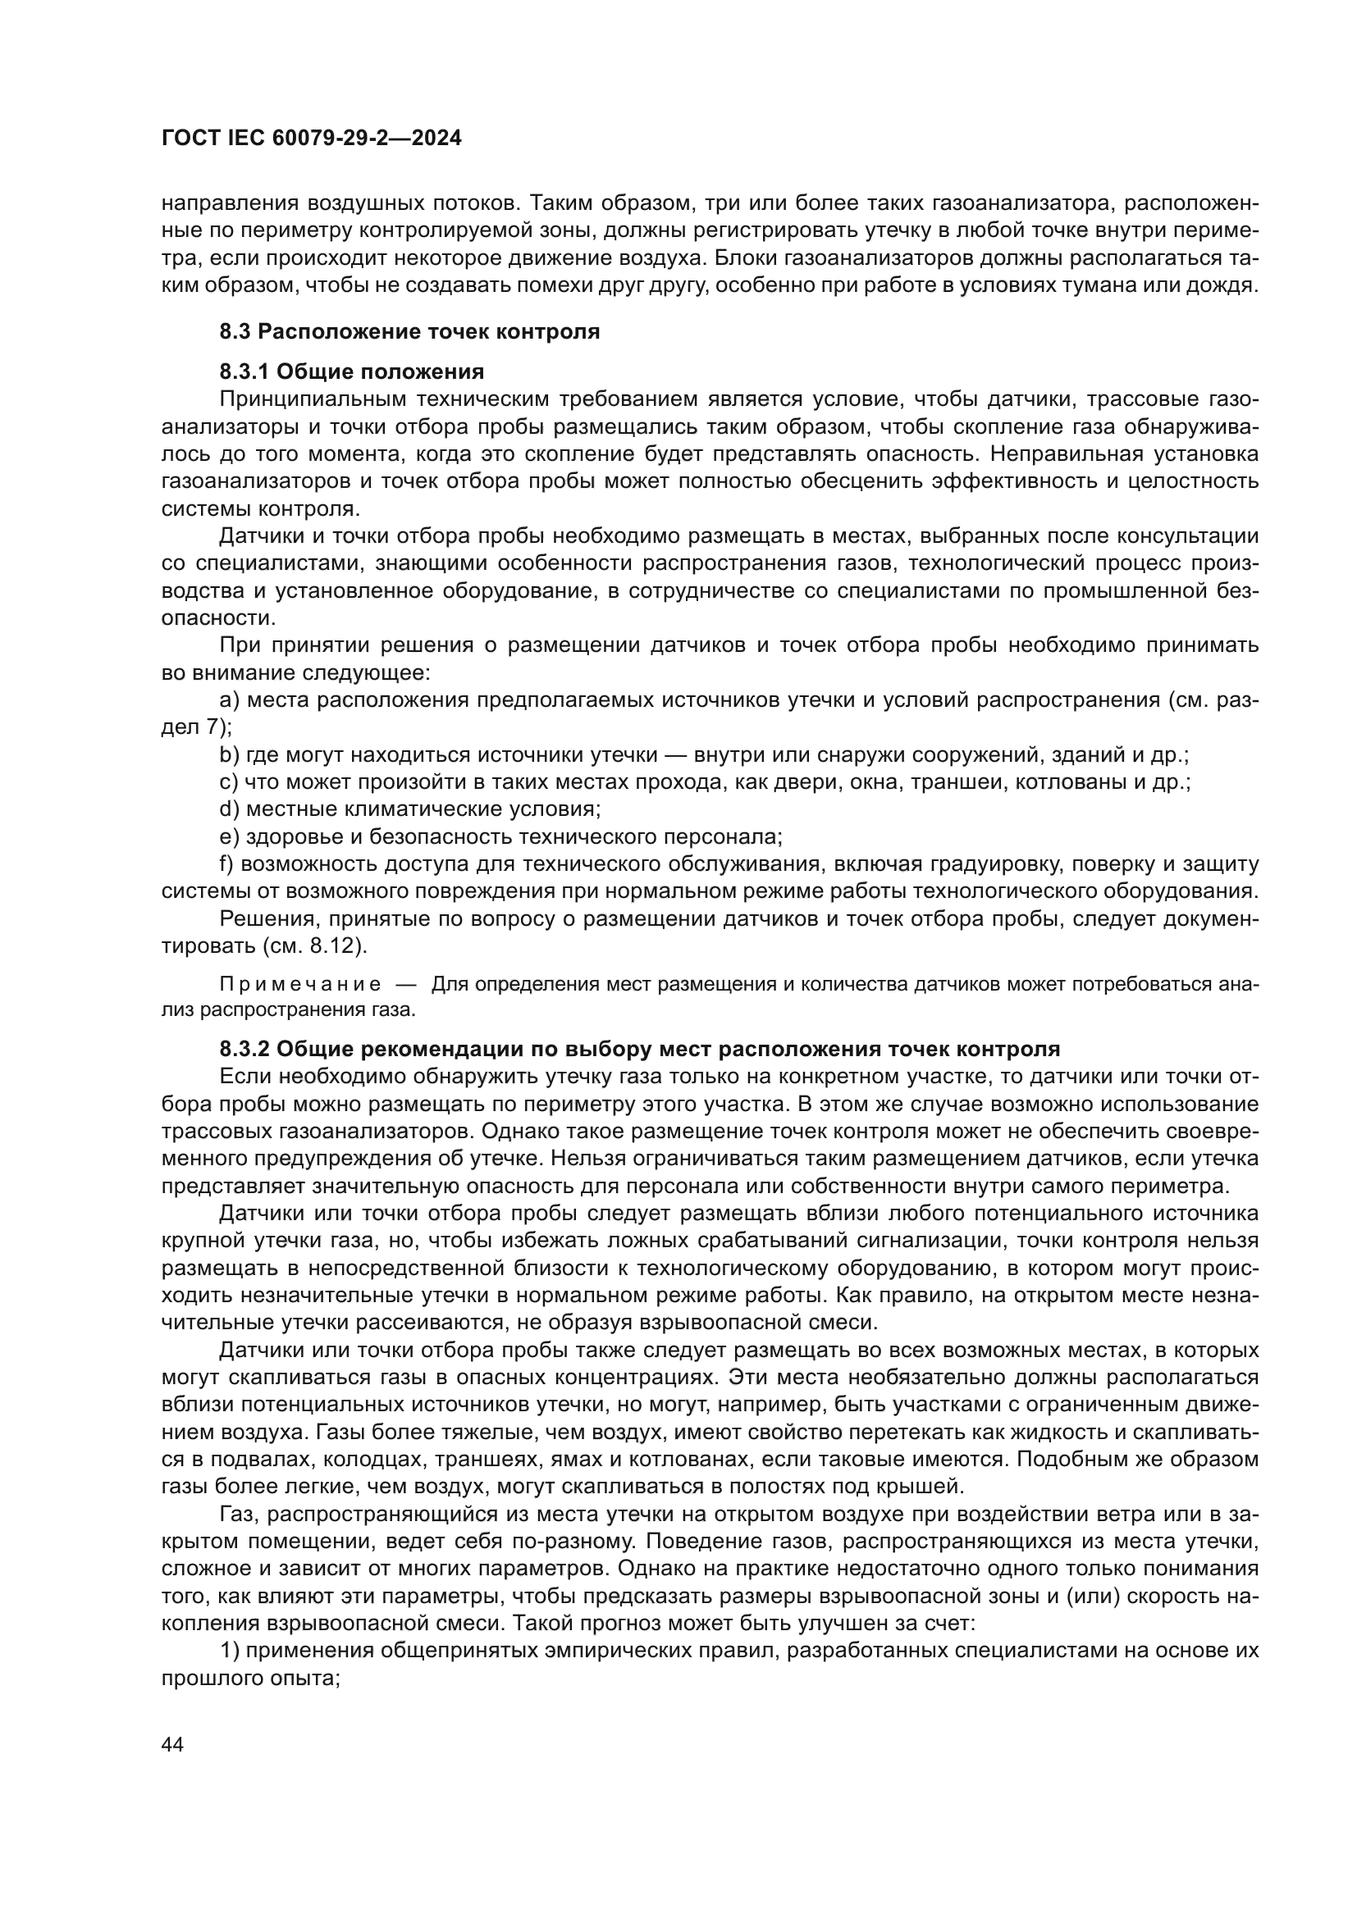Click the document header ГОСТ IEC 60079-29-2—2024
(x=311, y=139)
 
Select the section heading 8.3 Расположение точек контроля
(x=409, y=331)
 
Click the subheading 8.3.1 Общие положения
(x=352, y=371)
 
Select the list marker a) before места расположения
(x=230, y=700)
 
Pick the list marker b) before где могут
(x=230, y=755)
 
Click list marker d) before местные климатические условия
(x=230, y=809)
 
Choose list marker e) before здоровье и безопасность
(x=230, y=837)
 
